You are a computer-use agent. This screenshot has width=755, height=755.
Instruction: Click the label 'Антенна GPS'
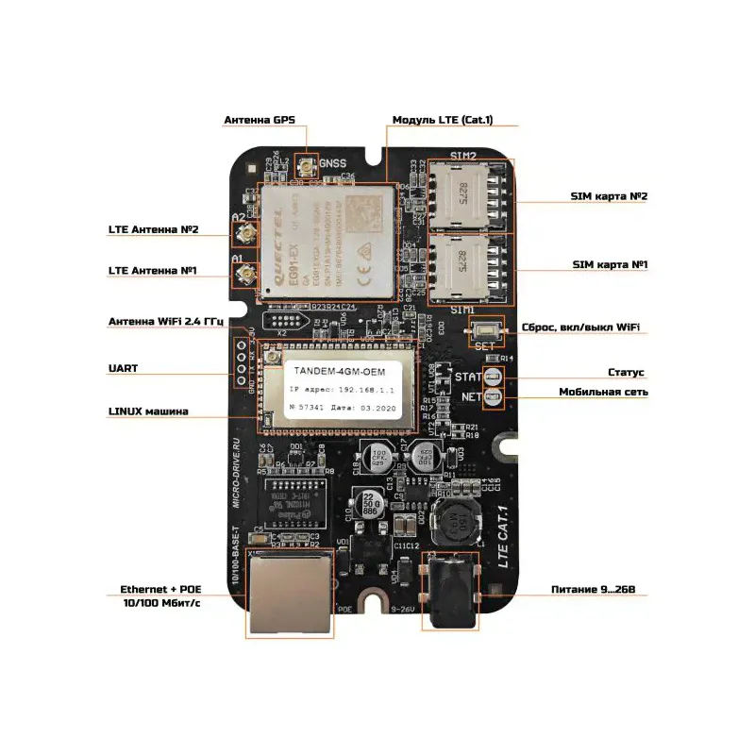click(260, 121)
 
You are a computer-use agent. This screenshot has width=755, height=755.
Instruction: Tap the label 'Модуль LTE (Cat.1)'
click(442, 121)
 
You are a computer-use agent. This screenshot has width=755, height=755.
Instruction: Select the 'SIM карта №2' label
click(609, 196)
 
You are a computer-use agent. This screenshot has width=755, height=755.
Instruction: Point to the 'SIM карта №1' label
click(610, 266)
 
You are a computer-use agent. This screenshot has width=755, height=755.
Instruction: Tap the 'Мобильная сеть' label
click(603, 392)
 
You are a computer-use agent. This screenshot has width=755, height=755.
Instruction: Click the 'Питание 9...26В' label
click(599, 590)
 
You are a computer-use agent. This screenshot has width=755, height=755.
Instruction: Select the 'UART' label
click(123, 368)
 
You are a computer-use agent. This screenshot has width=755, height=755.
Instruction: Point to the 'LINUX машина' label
click(148, 411)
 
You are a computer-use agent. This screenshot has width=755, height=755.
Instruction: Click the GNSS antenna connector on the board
click(306, 170)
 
